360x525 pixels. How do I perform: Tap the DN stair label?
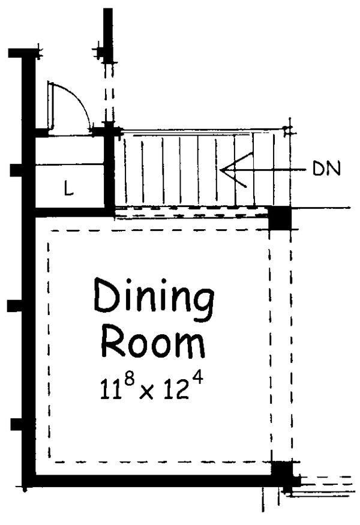(x=326, y=169)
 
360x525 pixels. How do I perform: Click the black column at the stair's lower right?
(x=279, y=218)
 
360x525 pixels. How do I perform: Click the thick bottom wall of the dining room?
(x=150, y=481)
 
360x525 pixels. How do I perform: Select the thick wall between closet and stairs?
(x=109, y=171)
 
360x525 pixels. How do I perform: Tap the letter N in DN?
(x=334, y=169)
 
